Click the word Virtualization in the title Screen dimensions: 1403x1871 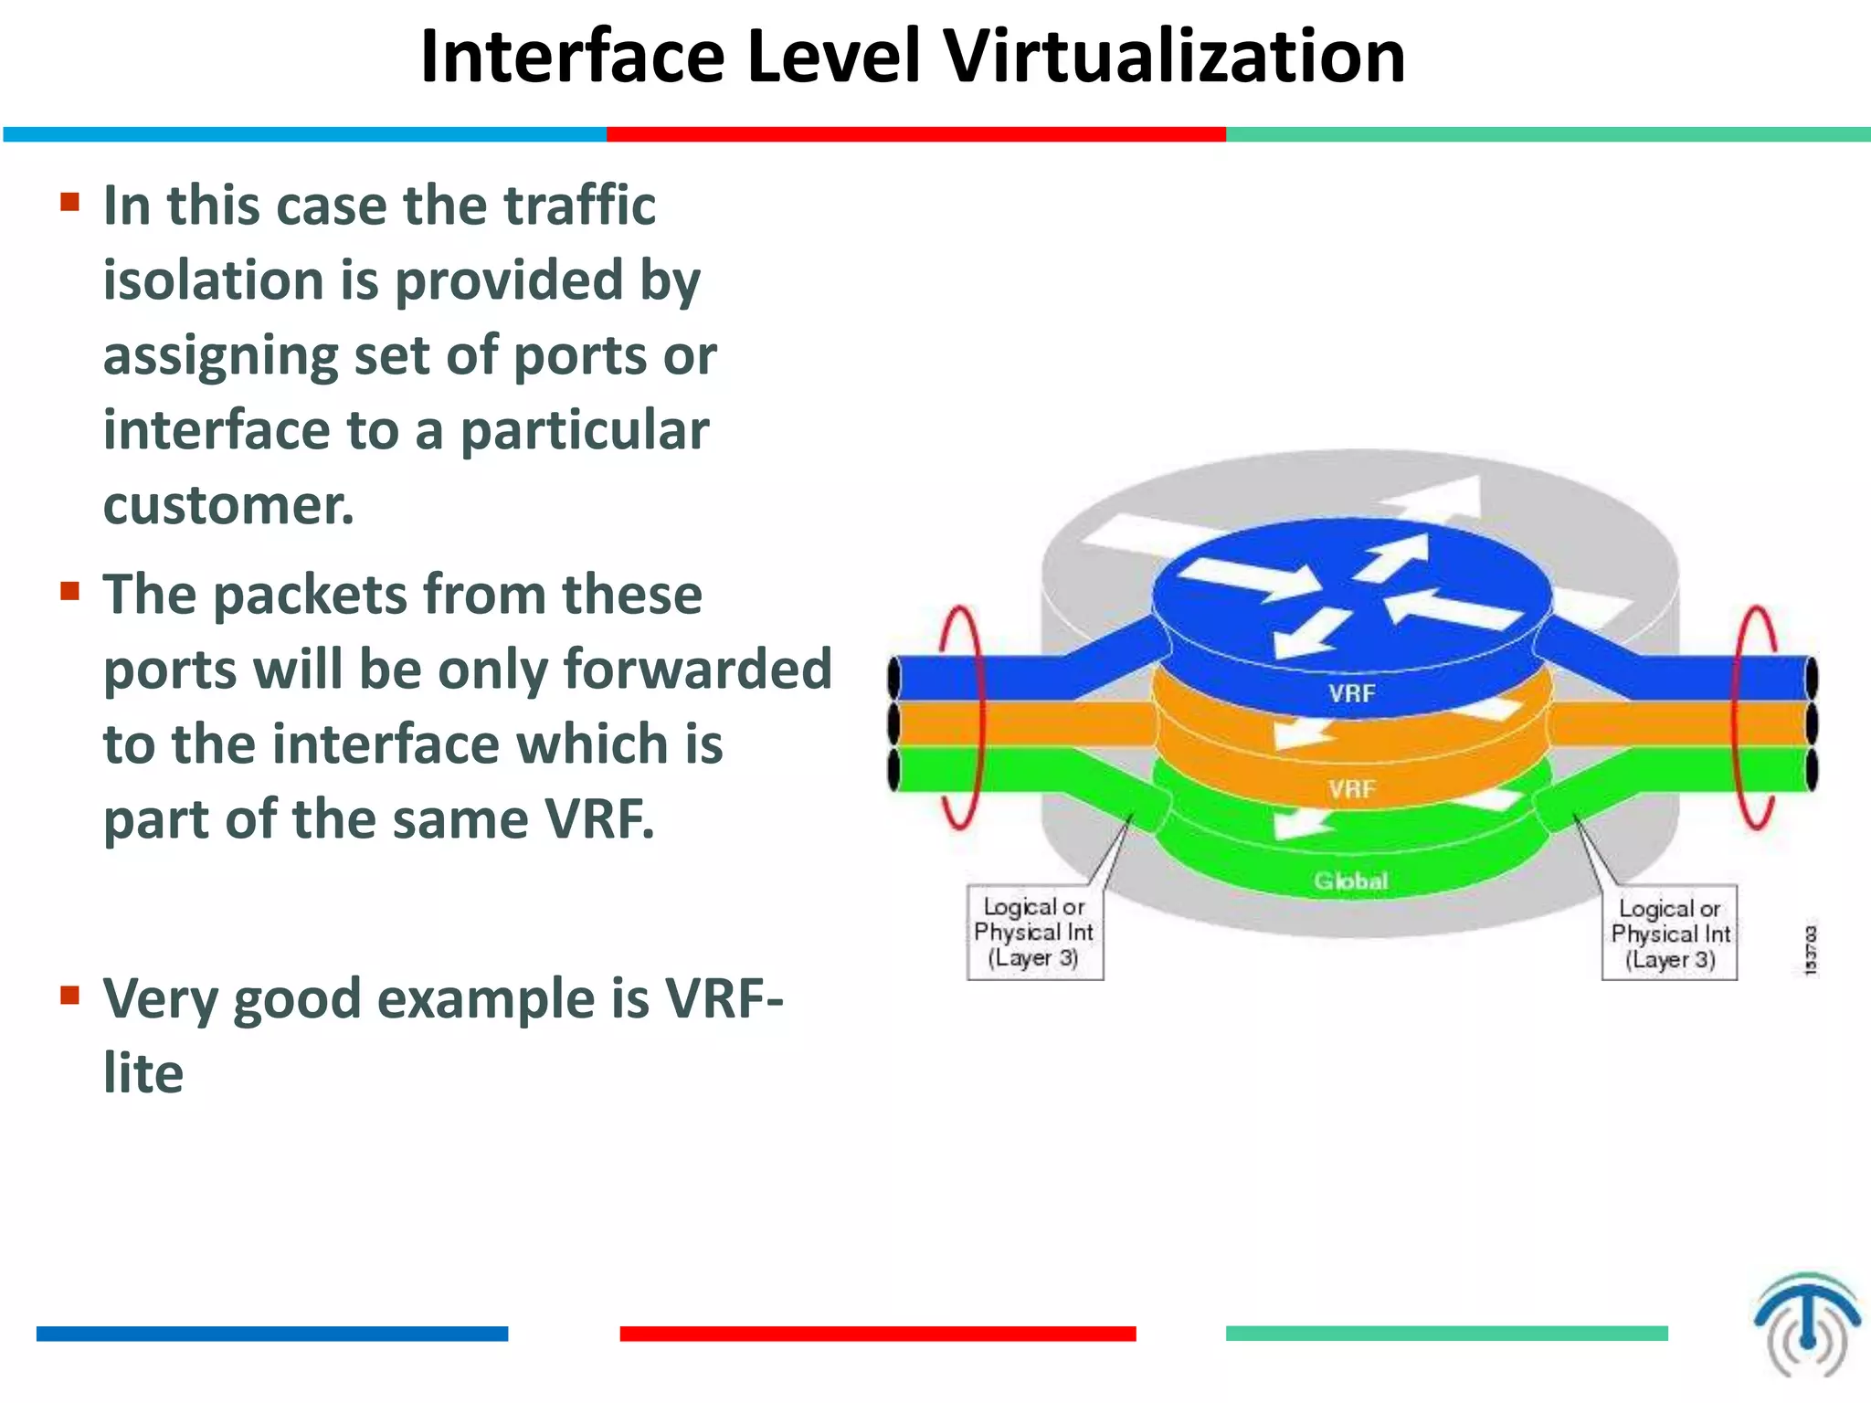pos(1174,57)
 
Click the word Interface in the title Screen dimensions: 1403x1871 pos(572,57)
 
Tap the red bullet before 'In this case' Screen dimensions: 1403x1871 pos(70,201)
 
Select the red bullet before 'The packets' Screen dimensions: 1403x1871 pos(70,591)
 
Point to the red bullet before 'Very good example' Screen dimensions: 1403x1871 pos(70,995)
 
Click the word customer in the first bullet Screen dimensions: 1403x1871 pos(227,505)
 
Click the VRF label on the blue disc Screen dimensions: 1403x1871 pos(1351,693)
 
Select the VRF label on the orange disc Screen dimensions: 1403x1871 pos(1351,788)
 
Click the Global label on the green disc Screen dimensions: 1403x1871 pos(1350,881)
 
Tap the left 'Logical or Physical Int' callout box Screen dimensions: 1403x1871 pos(1034,933)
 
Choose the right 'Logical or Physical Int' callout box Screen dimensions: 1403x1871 pos(1670,934)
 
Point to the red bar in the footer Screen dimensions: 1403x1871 pos(877,1334)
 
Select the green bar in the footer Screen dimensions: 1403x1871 pos(1446,1334)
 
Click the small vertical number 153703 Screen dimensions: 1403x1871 pos(1811,950)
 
